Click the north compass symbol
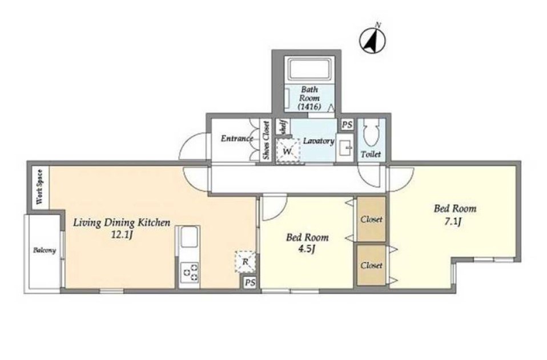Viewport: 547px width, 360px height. tap(373, 39)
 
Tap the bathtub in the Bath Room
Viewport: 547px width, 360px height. tap(309, 70)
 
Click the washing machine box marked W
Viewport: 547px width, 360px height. tap(288, 151)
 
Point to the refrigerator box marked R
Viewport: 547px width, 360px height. tap(246, 261)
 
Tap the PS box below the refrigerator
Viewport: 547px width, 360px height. tap(250, 282)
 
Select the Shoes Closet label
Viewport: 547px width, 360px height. tap(267, 140)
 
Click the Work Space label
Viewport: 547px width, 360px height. tap(40, 187)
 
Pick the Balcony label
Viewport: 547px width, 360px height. tap(45, 250)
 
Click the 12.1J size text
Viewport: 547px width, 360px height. tap(122, 235)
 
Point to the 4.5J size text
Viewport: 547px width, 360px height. tap(307, 249)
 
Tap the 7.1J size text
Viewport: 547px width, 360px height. tap(453, 221)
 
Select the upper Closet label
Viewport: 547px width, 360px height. tap(372, 220)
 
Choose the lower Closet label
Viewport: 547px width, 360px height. tap(372, 265)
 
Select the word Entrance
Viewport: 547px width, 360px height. tap(237, 139)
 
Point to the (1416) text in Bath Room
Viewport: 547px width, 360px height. tap(309, 107)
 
